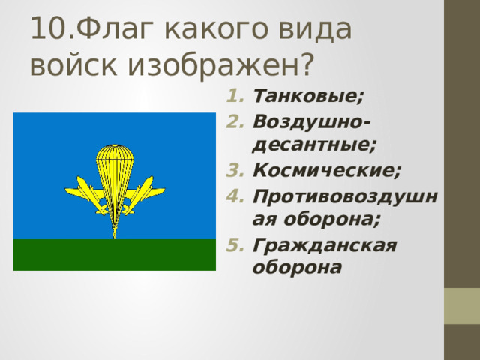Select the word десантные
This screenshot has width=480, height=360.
pos(315,145)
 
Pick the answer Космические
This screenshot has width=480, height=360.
pos(327,169)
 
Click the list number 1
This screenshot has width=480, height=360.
pos(232,97)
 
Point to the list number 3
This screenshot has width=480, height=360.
pos(232,170)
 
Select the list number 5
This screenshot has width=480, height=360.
pos(232,244)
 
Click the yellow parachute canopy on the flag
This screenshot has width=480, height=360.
pos(114,161)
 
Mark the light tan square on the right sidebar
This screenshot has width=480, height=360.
pos(462,306)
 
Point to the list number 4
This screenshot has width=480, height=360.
pos(232,195)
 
